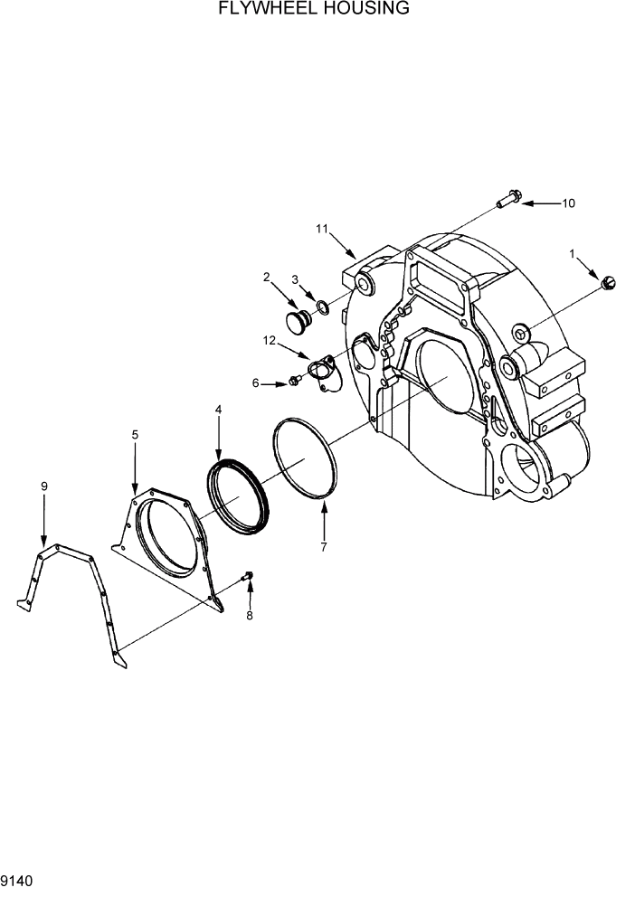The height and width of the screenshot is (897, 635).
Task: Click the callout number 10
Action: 568,203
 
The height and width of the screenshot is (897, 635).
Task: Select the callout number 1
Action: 572,254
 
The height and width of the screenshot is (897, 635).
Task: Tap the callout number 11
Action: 322,229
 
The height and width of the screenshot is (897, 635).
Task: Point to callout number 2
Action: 267,277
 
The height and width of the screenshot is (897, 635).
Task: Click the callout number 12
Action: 269,340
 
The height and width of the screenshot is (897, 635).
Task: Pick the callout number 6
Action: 256,383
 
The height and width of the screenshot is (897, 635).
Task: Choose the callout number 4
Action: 218,410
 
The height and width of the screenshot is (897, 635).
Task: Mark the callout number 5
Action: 135,435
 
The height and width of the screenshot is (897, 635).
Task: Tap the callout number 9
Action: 43,486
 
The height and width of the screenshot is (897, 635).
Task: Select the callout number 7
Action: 324,546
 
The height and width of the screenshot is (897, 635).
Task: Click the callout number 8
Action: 250,616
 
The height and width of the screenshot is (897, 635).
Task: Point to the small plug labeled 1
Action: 608,285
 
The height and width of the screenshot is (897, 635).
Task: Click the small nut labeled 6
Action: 295,381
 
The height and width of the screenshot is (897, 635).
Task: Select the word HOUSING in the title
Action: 369,9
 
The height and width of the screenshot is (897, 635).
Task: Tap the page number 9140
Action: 18,880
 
